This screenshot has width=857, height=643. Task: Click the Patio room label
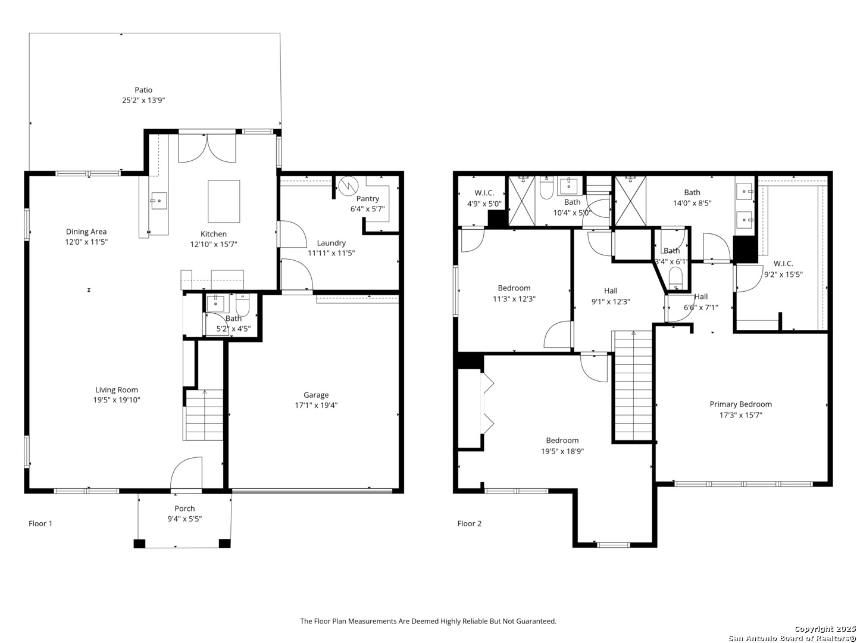pos(143,90)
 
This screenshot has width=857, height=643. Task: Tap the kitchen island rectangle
pos(224,201)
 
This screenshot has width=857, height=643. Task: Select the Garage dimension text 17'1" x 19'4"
pos(316,405)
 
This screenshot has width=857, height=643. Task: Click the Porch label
pos(184,508)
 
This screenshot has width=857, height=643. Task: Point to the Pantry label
pos(367,198)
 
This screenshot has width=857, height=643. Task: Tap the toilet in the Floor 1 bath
pos(242,304)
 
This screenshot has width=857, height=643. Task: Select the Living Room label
pos(116,389)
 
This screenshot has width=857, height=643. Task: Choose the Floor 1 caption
pos(40,523)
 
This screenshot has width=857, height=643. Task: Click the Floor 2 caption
pos(470,523)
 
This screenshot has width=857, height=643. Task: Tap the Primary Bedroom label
pos(740,404)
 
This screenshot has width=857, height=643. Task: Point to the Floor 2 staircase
pos(633,386)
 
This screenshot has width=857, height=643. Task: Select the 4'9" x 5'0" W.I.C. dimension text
pos(484,204)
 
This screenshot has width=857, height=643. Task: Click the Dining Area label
pos(86,232)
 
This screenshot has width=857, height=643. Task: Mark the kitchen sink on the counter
pos(158,201)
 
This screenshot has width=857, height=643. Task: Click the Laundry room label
pos(331,243)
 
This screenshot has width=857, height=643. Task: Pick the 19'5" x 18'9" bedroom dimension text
pos(562,451)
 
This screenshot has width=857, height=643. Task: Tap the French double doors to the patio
pos(207,148)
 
